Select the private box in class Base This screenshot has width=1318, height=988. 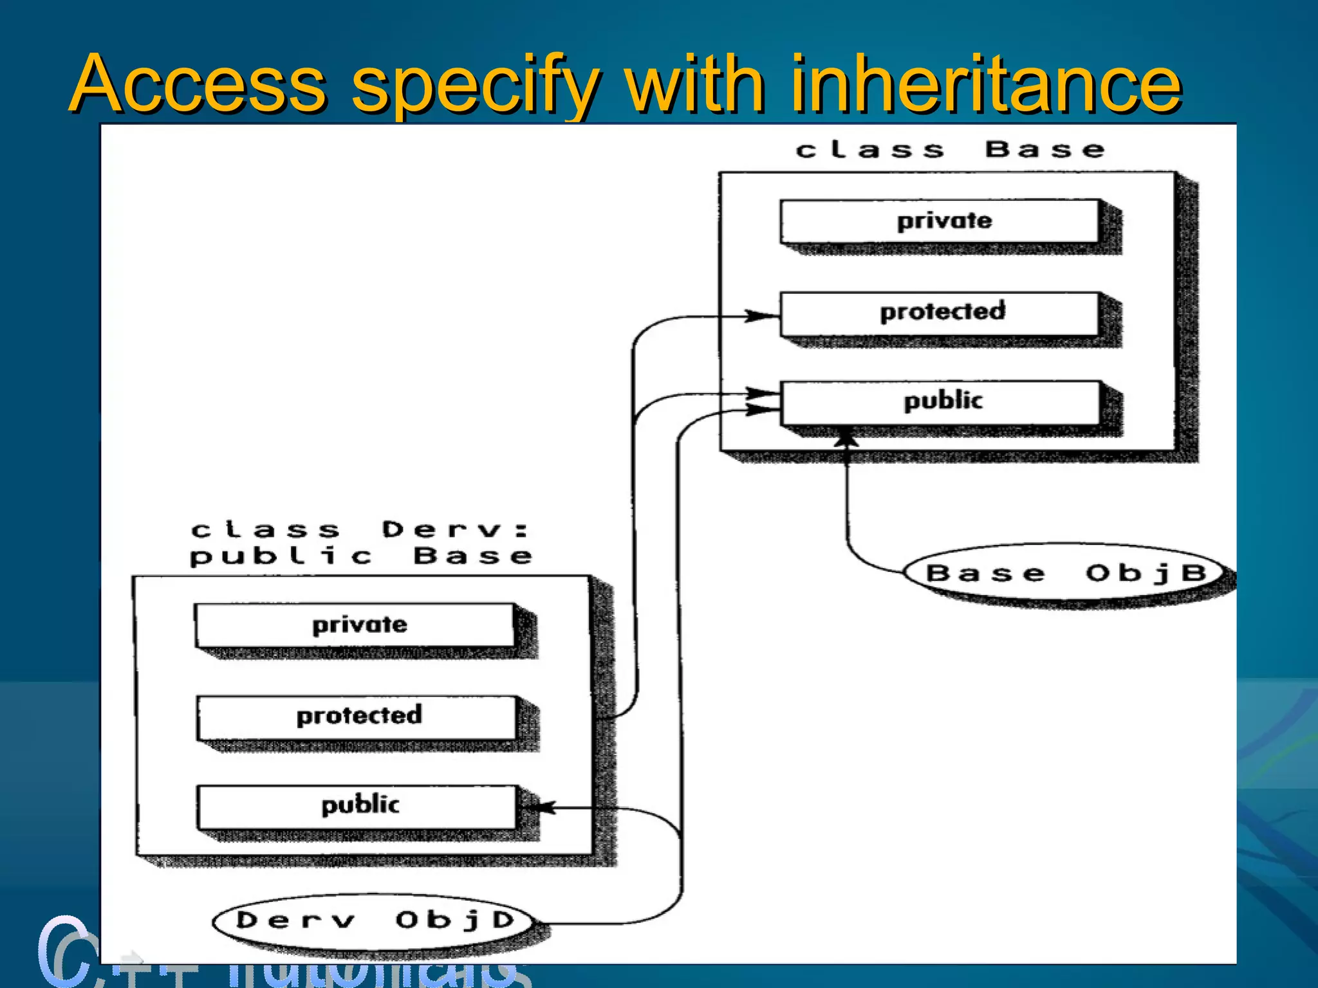(x=940, y=221)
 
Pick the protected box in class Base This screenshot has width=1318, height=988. (x=940, y=313)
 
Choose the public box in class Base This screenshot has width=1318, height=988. (x=940, y=401)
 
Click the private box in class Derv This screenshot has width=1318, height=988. (x=355, y=625)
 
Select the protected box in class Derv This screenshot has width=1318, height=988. (x=357, y=716)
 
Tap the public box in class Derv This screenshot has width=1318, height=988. (x=357, y=805)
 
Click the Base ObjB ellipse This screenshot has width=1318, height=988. (x=1065, y=572)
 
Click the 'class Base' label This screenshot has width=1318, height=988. (x=950, y=150)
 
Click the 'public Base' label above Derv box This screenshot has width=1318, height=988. (x=360, y=556)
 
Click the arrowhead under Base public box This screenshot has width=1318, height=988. (x=846, y=439)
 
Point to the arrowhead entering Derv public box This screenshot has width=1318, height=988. (x=541, y=807)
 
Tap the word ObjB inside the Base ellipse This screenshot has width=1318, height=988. (x=1146, y=572)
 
